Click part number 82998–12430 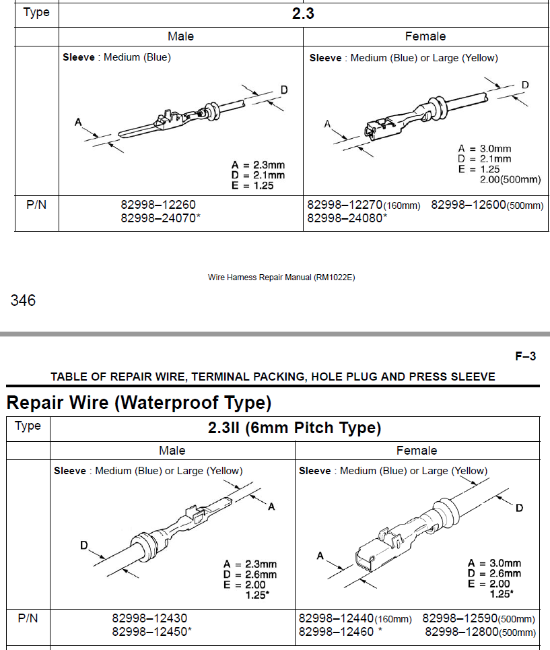coord(149,618)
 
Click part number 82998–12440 coord(335,618)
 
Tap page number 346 coord(23,300)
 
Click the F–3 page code coord(525,356)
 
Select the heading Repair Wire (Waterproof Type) coord(139,403)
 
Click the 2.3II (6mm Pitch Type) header coord(295,428)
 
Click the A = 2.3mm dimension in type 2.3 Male coord(258,165)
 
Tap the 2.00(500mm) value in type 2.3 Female coord(510,180)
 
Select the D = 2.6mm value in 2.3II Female coord(494,573)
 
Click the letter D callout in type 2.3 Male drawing coord(284,90)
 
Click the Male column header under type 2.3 coord(180,36)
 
